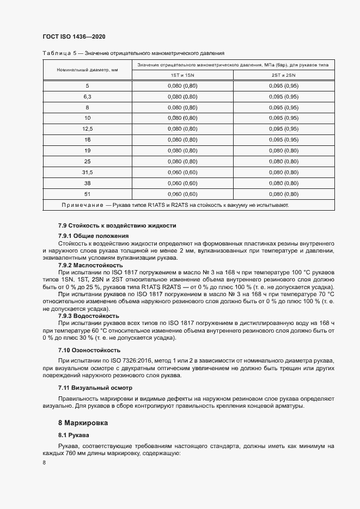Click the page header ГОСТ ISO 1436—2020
(74, 36)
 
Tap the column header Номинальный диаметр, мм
(87, 70)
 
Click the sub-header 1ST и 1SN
(182, 75)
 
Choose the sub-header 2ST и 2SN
(284, 75)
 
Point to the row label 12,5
(87, 128)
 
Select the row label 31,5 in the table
(87, 172)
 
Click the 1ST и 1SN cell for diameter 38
(182, 183)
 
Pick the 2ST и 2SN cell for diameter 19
(284, 150)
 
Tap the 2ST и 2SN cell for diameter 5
(284, 85)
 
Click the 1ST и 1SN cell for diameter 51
(182, 194)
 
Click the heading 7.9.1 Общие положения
(93, 236)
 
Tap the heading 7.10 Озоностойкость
(89, 350)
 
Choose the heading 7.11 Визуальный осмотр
(95, 388)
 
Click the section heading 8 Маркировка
(83, 422)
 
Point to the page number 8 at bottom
(44, 462)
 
